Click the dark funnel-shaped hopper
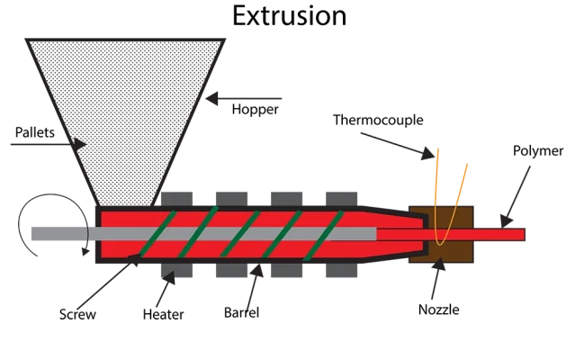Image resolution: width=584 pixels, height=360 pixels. pos(126,99)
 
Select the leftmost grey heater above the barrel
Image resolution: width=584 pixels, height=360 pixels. pos(176,195)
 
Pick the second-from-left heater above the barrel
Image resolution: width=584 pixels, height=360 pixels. pos(229,195)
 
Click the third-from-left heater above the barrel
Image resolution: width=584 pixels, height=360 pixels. pos(287,195)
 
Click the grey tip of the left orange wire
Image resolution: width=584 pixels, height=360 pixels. pos(437,149)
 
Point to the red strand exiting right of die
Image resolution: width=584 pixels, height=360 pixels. pos(499,234)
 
